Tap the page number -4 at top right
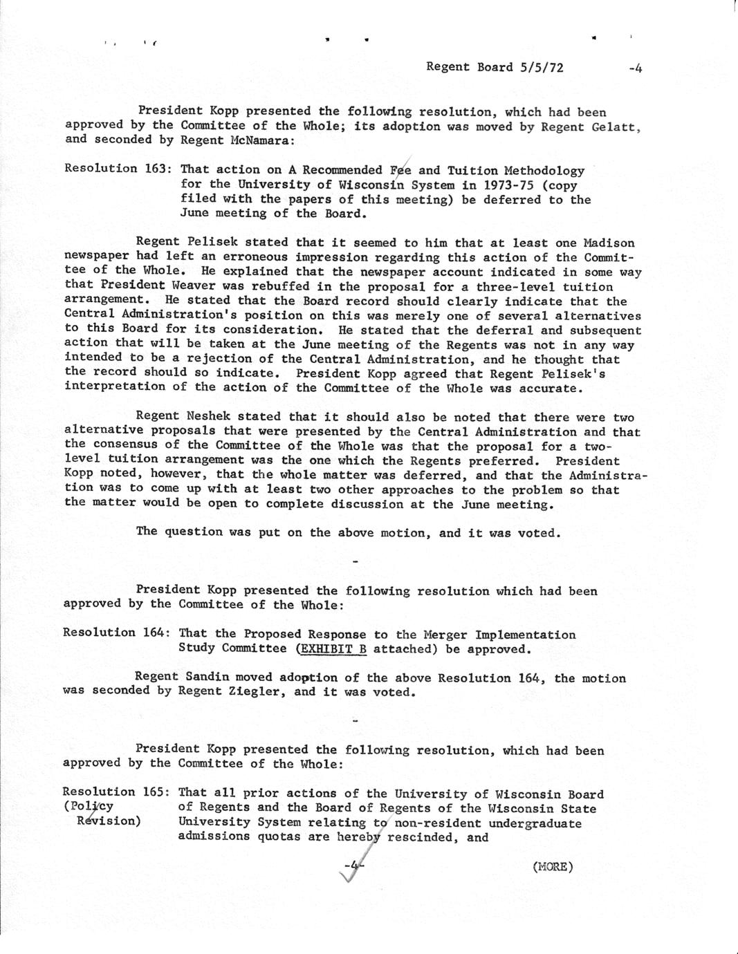636,68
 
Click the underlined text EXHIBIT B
331,648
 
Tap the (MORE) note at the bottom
553,866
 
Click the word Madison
609,243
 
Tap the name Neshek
212,416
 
